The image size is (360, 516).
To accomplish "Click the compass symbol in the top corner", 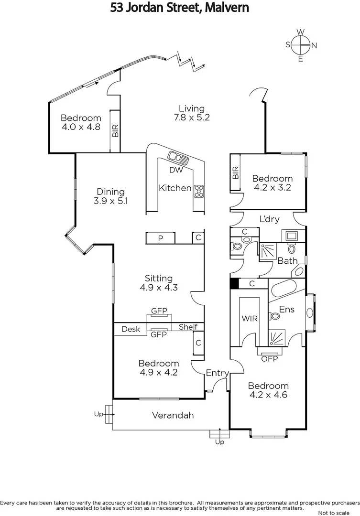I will (x=301, y=45).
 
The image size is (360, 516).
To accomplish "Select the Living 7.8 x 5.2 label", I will (x=191, y=113).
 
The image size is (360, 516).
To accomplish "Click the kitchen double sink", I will (x=176, y=156).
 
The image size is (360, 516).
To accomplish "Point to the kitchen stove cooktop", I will (x=198, y=191).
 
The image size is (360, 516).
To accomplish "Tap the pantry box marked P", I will (x=160, y=238).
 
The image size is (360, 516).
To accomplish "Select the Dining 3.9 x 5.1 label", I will (x=110, y=196).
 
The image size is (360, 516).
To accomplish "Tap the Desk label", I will (x=131, y=329).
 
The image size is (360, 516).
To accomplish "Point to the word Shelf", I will (x=187, y=327).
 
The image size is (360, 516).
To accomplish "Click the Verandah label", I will (x=173, y=415).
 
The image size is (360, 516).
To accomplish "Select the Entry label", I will (x=217, y=373).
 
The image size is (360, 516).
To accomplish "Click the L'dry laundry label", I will (x=269, y=219).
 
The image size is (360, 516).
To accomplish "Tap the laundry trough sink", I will (x=291, y=236).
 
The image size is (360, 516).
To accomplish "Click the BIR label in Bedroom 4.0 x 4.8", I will (x=115, y=131).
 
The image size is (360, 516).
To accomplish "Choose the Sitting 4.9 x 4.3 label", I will (x=159, y=283).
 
